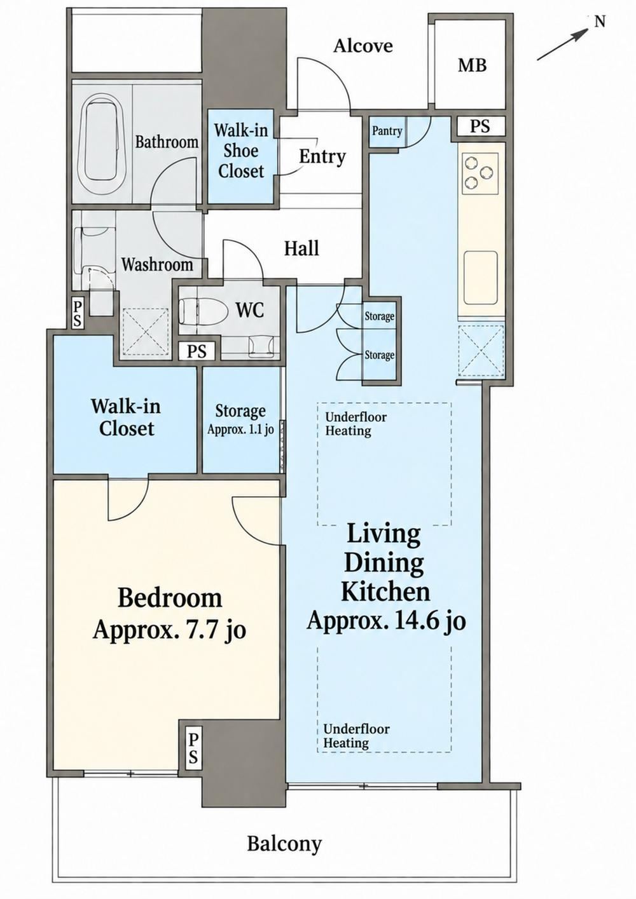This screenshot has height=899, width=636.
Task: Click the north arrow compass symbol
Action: coord(570,39)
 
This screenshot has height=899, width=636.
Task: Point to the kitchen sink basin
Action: coord(481,278)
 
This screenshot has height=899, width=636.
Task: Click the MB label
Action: coord(473,65)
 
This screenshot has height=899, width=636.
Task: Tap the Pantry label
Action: coord(387,131)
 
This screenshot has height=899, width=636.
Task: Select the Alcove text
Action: coord(363,46)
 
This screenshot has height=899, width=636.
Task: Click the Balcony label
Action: coord(284,833)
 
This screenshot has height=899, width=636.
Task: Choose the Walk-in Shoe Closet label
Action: coord(241,151)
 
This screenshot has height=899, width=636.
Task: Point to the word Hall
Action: coord(301,248)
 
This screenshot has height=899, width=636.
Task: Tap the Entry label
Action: coord(322,156)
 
